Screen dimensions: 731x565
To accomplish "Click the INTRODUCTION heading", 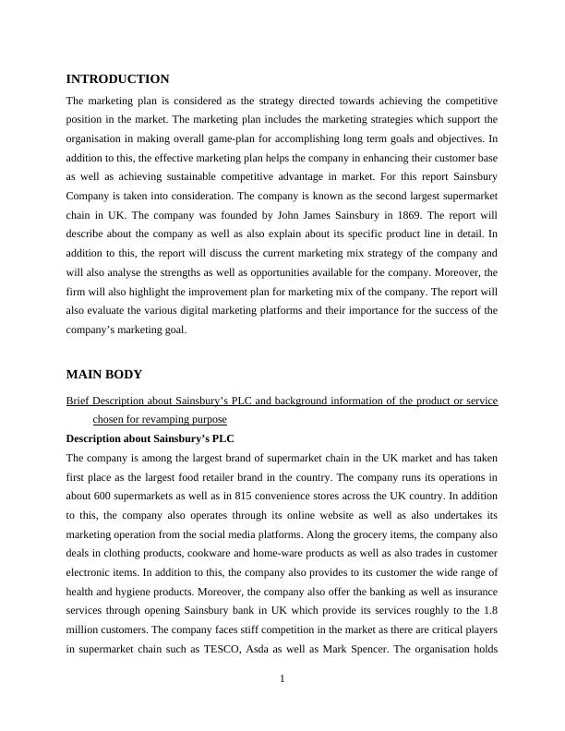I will (117, 79).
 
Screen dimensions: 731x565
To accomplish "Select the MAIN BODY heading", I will (103, 375).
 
